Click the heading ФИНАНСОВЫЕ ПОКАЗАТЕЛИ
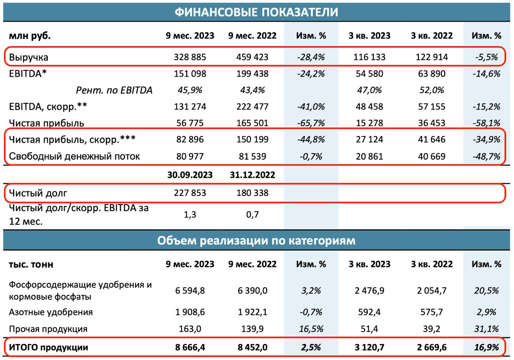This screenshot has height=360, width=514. coord(256,12)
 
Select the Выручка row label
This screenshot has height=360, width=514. coord(29,57)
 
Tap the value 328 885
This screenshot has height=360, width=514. coord(190,57)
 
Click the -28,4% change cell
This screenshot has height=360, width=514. coord(311,57)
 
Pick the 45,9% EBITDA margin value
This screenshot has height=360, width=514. coord(190,90)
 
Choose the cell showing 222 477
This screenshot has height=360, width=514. coord(252,107)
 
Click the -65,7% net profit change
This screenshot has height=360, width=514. coord(311,123)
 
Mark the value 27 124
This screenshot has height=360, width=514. coord(369,140)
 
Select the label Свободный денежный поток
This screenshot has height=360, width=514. coord(74,156)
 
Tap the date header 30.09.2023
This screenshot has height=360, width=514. coord(190,175)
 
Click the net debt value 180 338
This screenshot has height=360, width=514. coord(252,193)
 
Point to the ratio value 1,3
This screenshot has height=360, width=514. coord(190,214)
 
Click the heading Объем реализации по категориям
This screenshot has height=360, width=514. coord(256,240)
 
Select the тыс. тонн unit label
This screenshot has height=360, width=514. coord(31,264)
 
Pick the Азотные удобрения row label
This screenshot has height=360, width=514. coord(51,312)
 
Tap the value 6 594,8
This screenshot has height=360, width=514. coord(190,291)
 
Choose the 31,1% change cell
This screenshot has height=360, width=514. coord(487,329)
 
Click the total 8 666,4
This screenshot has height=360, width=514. coord(190,348)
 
